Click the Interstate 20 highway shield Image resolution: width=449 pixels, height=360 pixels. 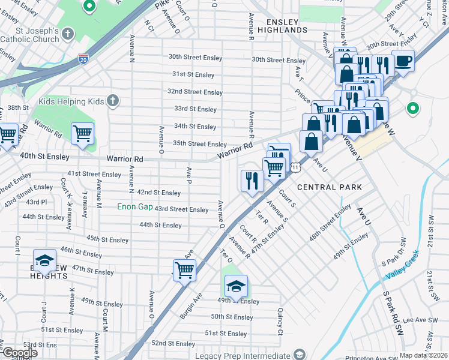coord(83,59)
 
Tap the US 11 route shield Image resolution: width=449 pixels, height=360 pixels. coord(296,167)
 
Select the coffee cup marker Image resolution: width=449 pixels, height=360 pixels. coord(403,61)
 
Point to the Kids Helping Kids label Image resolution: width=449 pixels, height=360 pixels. coord(71,101)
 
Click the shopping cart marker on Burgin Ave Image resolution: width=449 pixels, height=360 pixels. coord(184,269)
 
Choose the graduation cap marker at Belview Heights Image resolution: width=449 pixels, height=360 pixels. coord(44,260)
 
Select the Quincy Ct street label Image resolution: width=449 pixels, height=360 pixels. coord(280,322)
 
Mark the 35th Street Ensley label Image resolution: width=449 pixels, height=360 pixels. coord(199,144)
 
